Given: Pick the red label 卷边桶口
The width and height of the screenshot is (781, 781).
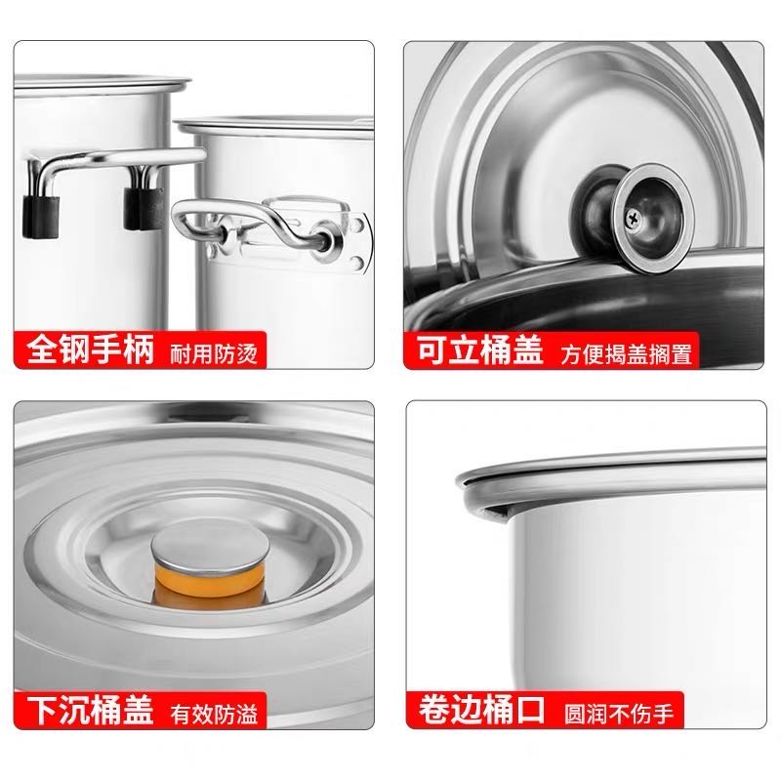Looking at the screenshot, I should click(474, 710).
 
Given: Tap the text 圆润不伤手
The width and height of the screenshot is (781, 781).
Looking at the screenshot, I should click(617, 712).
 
